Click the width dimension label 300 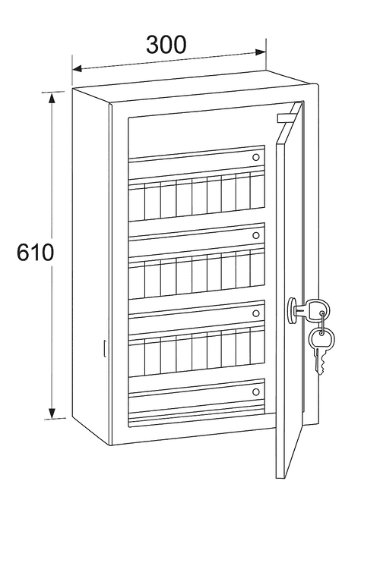click(166, 45)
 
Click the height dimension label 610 click(35, 252)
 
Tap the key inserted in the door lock click(310, 310)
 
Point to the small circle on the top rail click(256, 157)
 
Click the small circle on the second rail click(256, 235)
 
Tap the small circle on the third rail click(256, 313)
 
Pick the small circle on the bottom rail click(256, 392)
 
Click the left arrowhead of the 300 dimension click(77, 68)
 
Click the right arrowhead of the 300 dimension click(261, 52)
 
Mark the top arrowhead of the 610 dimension click(52, 98)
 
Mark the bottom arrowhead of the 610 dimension click(52, 413)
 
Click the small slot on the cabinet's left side click(104, 348)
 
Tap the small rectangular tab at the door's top click(285, 118)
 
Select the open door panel click(289, 291)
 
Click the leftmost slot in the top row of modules click(137, 201)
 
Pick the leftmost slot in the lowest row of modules click(137, 357)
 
